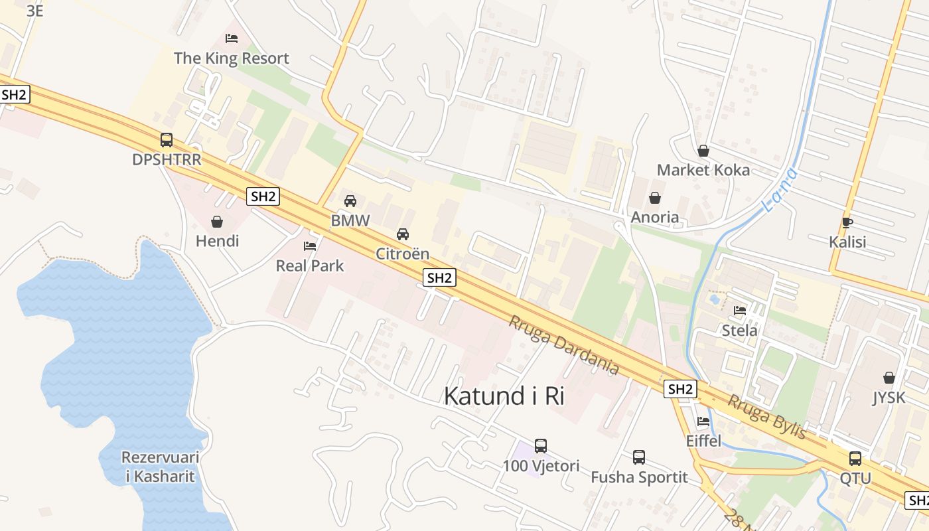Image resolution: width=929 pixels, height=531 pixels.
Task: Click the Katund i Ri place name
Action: click(504, 396)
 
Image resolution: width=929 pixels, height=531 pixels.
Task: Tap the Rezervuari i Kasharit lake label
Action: click(160, 467)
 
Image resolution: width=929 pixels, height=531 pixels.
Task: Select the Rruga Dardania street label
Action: click(563, 345)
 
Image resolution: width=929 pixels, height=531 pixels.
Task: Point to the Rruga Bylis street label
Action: click(767, 417)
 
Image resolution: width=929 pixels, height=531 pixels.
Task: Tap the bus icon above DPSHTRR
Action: click(166, 140)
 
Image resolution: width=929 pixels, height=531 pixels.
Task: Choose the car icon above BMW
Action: click(350, 200)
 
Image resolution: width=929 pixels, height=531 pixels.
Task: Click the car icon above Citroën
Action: click(402, 234)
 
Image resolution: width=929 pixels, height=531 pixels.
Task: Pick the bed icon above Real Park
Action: click(310, 246)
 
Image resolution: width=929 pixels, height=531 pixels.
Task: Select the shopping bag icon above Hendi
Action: click(216, 221)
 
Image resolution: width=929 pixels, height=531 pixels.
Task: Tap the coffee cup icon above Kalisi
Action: click(847, 222)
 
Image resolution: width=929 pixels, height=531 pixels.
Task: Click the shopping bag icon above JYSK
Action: click(889, 378)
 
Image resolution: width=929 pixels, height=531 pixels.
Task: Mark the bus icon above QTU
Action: click(855, 458)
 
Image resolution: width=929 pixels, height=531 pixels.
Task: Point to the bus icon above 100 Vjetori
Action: click(541, 445)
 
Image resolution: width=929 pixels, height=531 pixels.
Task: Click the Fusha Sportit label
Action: click(639, 477)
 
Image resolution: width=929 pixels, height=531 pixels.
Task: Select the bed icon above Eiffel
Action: click(703, 421)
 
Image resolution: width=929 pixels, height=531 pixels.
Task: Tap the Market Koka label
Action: click(703, 170)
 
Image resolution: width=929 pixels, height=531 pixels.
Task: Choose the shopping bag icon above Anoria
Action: click(655, 197)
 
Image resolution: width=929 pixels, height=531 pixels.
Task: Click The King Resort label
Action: click(231, 58)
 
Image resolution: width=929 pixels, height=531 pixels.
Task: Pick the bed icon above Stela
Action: click(740, 310)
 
